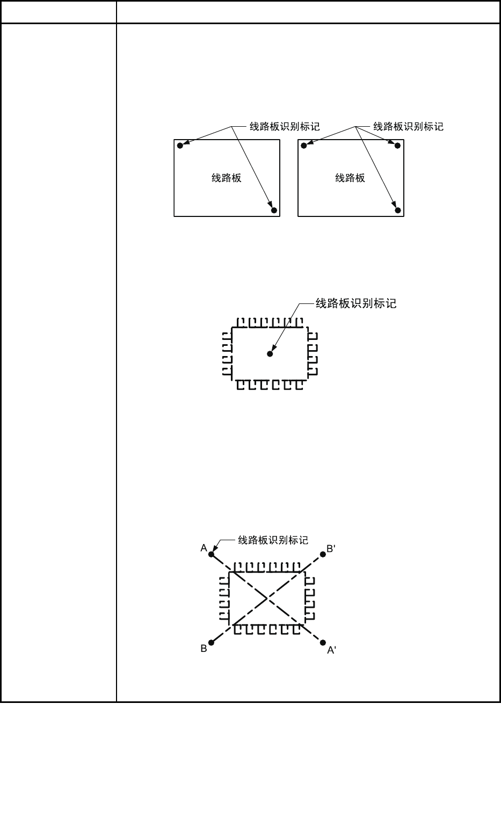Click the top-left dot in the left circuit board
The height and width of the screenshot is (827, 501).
click(x=180, y=146)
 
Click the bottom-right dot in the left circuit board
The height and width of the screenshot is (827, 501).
click(x=274, y=211)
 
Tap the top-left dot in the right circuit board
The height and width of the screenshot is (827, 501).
click(x=304, y=146)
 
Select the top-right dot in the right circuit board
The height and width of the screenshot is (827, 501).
click(x=398, y=146)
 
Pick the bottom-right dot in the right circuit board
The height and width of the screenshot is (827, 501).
click(x=398, y=211)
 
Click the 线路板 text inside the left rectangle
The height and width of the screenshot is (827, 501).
click(x=227, y=178)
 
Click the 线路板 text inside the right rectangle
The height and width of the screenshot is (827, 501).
click(x=350, y=178)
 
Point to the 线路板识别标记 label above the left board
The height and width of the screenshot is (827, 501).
click(x=285, y=127)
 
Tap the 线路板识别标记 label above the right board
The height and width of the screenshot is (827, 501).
click(x=409, y=127)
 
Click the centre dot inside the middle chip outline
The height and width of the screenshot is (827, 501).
click(x=270, y=354)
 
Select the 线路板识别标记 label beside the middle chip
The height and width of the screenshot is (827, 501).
click(x=356, y=303)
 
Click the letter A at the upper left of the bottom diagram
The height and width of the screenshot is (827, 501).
click(x=204, y=548)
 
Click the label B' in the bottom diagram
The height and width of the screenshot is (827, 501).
click(x=331, y=548)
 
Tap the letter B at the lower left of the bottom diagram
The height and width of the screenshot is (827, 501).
click(x=204, y=649)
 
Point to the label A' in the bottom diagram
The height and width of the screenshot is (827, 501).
click(x=332, y=650)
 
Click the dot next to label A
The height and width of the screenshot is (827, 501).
click(x=211, y=555)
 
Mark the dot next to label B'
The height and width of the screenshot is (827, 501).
click(x=323, y=555)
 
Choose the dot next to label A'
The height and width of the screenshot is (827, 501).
click(x=323, y=642)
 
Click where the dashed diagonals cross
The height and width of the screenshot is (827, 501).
click(x=267, y=598)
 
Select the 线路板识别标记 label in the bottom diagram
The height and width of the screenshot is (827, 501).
click(x=273, y=540)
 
